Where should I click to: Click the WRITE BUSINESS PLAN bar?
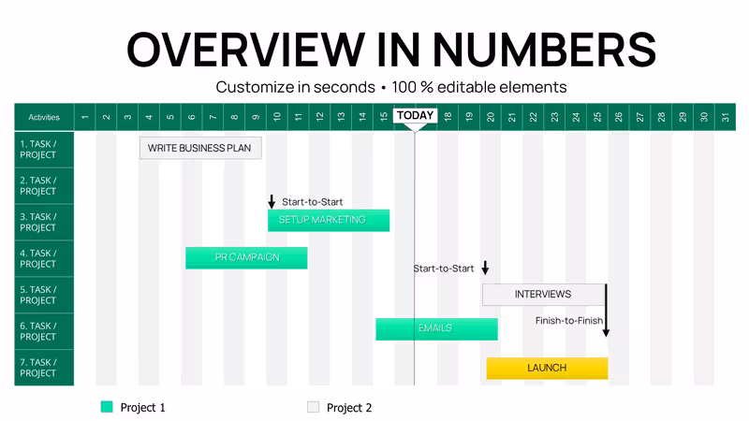pos(200,148)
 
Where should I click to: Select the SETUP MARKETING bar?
pos(329,220)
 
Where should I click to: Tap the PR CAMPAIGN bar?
pos(246,258)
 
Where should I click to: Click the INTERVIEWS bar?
pos(544,295)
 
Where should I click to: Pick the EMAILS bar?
pos(436,329)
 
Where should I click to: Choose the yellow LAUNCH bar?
pos(547,368)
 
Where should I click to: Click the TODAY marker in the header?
pos(415,116)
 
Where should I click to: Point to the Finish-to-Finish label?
pos(569,321)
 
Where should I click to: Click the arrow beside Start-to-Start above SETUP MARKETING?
pos(272,201)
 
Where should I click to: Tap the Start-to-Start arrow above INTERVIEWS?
pos(485,268)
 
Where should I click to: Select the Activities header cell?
pos(44,117)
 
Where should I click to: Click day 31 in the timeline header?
pos(725,117)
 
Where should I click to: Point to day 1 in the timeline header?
pos(85,117)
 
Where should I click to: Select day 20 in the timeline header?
pos(491,117)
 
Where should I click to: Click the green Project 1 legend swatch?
pos(107,407)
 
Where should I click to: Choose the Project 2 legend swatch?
pos(313,407)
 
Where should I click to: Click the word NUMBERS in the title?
pos(544,50)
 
